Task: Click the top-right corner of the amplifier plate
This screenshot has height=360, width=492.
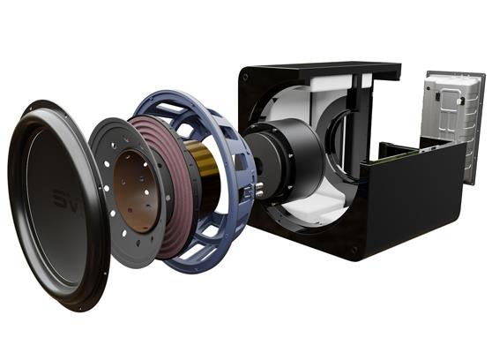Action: (x=482, y=78)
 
